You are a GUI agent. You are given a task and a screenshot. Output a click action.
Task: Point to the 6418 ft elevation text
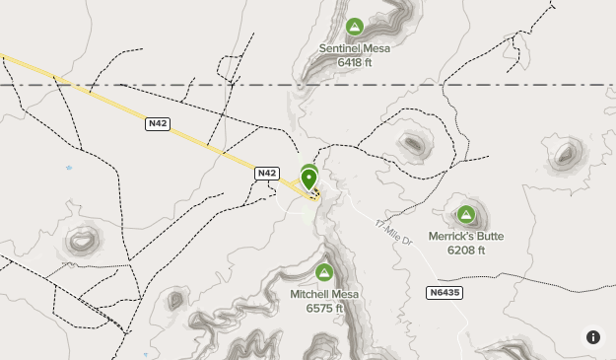(x=355, y=62)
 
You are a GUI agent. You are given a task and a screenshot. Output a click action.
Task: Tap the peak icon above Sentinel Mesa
(x=355, y=27)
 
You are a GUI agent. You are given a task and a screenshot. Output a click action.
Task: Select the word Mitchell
(x=310, y=294)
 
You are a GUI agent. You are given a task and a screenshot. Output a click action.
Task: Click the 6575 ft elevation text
(x=324, y=308)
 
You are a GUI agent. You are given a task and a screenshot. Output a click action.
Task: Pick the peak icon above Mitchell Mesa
(x=323, y=272)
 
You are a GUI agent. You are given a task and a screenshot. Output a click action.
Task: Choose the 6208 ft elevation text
(x=466, y=251)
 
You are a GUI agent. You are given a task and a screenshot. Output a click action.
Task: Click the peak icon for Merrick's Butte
(x=466, y=214)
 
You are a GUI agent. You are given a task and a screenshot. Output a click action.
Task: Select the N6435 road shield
(x=445, y=293)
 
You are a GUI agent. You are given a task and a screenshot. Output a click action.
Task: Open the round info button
(x=593, y=336)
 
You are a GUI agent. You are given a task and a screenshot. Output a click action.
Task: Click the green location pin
(x=309, y=180)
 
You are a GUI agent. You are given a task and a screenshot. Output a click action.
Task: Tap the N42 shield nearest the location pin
(x=266, y=173)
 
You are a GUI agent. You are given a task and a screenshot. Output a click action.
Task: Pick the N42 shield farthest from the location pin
(x=157, y=124)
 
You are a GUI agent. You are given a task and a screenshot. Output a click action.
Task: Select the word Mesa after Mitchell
(x=346, y=294)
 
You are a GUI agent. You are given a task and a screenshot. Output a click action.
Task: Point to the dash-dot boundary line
(x=148, y=86)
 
